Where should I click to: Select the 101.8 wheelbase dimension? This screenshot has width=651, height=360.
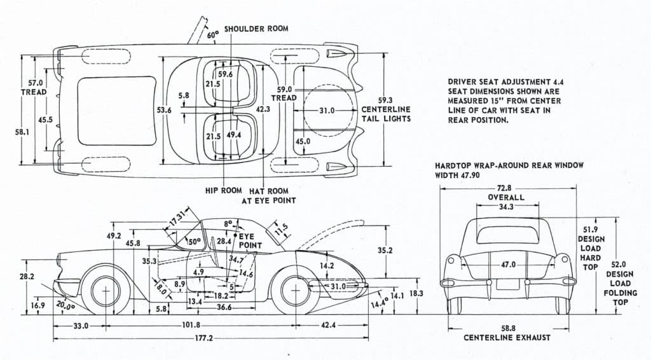(x=191, y=325)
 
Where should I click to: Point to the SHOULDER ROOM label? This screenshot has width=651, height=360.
(x=256, y=29)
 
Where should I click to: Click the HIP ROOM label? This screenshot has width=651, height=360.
(x=222, y=191)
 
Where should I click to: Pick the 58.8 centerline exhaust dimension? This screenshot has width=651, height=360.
(x=507, y=328)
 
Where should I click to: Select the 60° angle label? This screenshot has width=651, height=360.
(x=213, y=36)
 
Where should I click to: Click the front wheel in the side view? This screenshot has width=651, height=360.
(x=105, y=292)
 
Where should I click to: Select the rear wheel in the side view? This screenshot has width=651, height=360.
(x=294, y=292)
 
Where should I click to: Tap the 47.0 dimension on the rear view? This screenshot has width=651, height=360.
(x=508, y=265)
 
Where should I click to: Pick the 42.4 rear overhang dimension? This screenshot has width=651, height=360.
(x=328, y=325)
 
